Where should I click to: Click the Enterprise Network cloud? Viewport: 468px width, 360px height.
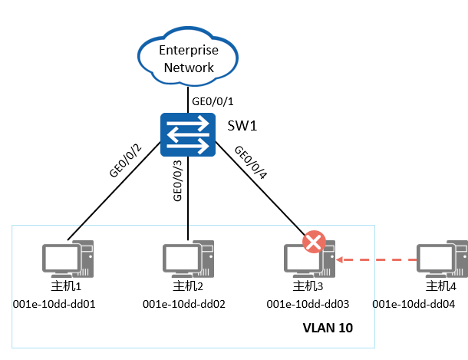[x=189, y=58]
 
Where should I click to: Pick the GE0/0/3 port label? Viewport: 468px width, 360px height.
[x=177, y=181]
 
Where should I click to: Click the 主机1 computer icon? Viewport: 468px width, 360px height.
[x=68, y=259]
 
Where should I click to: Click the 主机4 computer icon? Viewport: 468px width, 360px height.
[x=440, y=259]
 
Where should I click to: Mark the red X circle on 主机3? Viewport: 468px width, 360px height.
[x=314, y=243]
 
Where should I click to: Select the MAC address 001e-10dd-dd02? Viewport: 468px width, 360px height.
[x=184, y=304]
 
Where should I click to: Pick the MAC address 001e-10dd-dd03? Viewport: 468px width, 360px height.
[x=307, y=304]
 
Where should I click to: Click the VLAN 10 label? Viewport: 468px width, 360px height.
[x=328, y=329]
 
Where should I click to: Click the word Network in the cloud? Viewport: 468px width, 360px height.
[x=189, y=67]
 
